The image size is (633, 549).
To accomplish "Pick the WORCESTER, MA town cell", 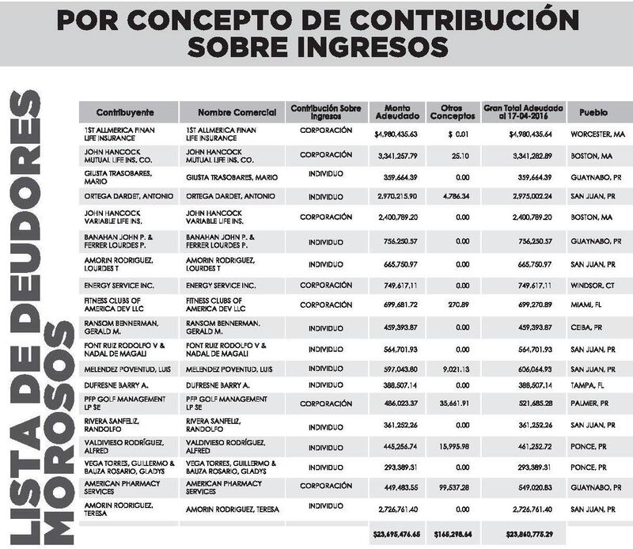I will click(x=598, y=134).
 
